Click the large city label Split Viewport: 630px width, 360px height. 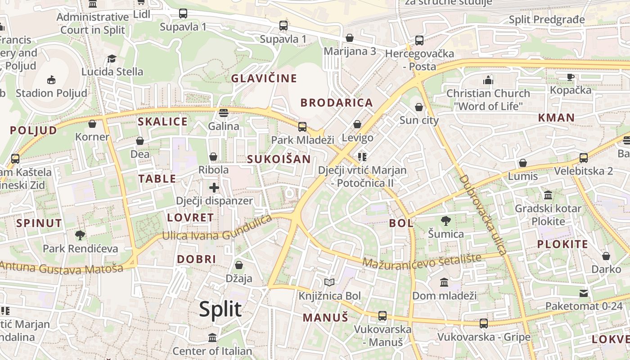(x=220, y=310)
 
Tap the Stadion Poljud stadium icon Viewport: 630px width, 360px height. (x=51, y=80)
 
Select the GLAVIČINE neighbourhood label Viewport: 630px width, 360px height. (x=264, y=78)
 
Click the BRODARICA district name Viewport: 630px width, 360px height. (x=337, y=103)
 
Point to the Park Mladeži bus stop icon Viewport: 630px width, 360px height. (x=302, y=127)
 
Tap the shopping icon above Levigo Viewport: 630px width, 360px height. (x=357, y=124)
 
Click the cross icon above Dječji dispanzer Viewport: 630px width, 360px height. (x=214, y=188)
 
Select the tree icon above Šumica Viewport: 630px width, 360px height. (x=445, y=221)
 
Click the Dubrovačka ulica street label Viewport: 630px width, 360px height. (x=482, y=215)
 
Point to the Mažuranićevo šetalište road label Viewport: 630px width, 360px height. (x=422, y=261)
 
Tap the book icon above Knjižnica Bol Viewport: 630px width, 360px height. (x=329, y=283)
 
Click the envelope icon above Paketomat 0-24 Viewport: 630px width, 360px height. (x=584, y=293)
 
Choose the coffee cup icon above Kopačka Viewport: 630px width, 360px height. (x=571, y=77)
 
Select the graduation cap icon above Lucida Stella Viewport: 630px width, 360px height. (x=112, y=59)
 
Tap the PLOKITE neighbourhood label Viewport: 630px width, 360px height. (x=562, y=244)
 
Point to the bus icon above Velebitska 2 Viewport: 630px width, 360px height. (x=584, y=158)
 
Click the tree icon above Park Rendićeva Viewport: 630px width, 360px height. (x=80, y=235)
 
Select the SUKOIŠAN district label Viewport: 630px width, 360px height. (x=279, y=159)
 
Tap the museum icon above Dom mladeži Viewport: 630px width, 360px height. (x=444, y=282)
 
